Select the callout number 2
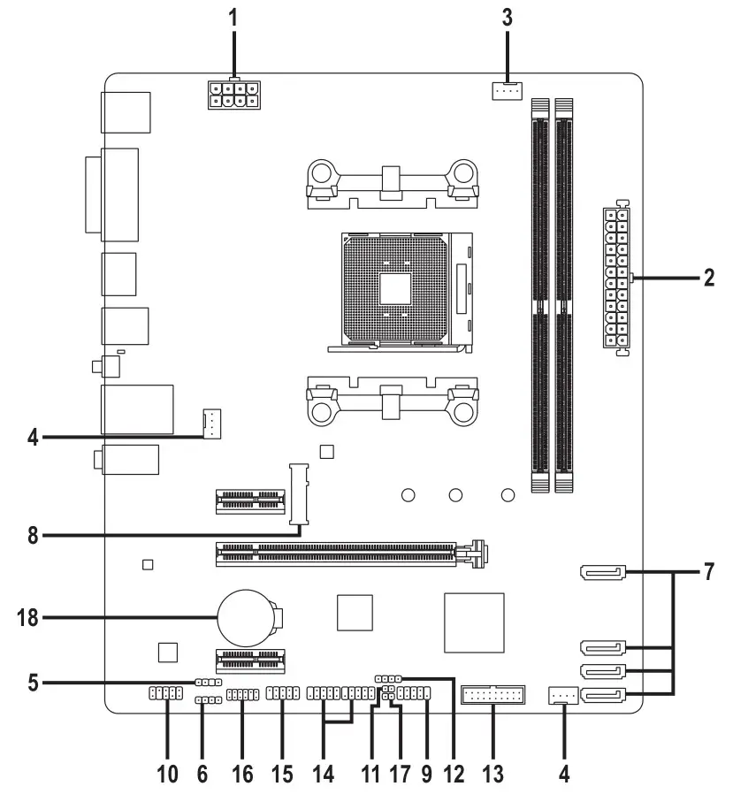point(708,278)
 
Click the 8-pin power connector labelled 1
point(232,95)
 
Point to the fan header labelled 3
point(508,89)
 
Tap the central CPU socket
point(398,288)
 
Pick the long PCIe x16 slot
point(345,554)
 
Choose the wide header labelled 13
point(492,697)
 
